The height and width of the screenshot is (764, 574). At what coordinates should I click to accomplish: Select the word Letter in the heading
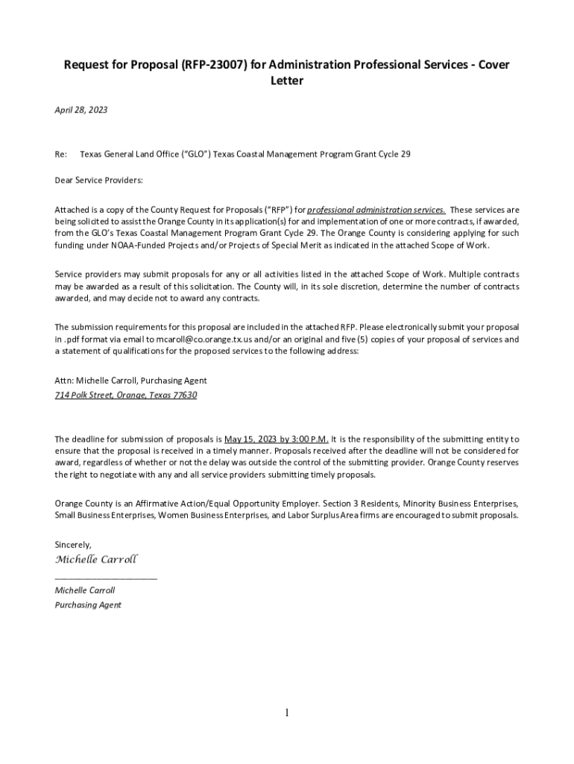coord(286,81)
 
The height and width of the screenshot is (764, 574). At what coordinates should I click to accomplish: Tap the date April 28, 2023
coord(81,110)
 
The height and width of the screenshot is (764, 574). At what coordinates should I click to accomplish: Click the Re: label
coord(61,154)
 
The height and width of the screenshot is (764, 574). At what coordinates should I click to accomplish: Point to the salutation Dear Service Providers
coord(98,181)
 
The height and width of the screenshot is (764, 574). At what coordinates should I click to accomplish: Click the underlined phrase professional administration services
coord(376,210)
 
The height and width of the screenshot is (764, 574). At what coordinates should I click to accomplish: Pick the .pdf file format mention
coord(71,339)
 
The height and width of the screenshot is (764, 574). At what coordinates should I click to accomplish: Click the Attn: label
coord(65,381)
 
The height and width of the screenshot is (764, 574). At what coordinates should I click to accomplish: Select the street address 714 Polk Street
coord(83,395)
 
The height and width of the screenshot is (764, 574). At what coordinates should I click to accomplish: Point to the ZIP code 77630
coord(184,395)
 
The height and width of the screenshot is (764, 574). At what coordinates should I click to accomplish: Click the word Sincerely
coord(73,545)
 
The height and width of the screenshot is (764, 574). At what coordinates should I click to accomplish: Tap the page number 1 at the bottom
coord(286,713)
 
